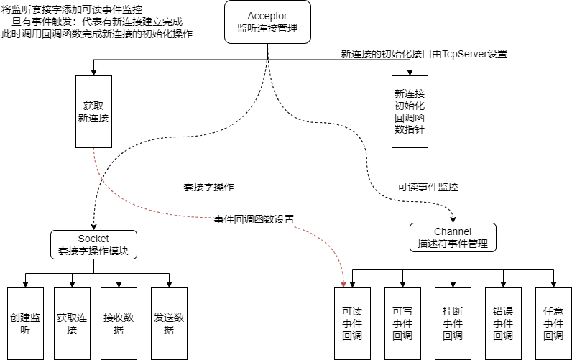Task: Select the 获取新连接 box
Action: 93,111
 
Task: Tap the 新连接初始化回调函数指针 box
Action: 410,111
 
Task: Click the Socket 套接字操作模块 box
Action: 93,245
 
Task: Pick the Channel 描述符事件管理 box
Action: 453,238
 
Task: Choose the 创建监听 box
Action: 26,323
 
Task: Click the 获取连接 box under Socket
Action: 72,323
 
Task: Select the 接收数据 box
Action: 119,323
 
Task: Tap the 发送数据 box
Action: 169,323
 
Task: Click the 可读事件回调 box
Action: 353,323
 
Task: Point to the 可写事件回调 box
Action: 402,323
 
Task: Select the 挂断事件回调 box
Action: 453,323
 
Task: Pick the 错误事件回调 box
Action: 503,323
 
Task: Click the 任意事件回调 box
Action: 553,323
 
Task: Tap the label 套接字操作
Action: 208,187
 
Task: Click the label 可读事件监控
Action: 428,187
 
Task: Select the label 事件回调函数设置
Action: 254,219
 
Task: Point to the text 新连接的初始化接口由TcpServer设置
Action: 423,55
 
